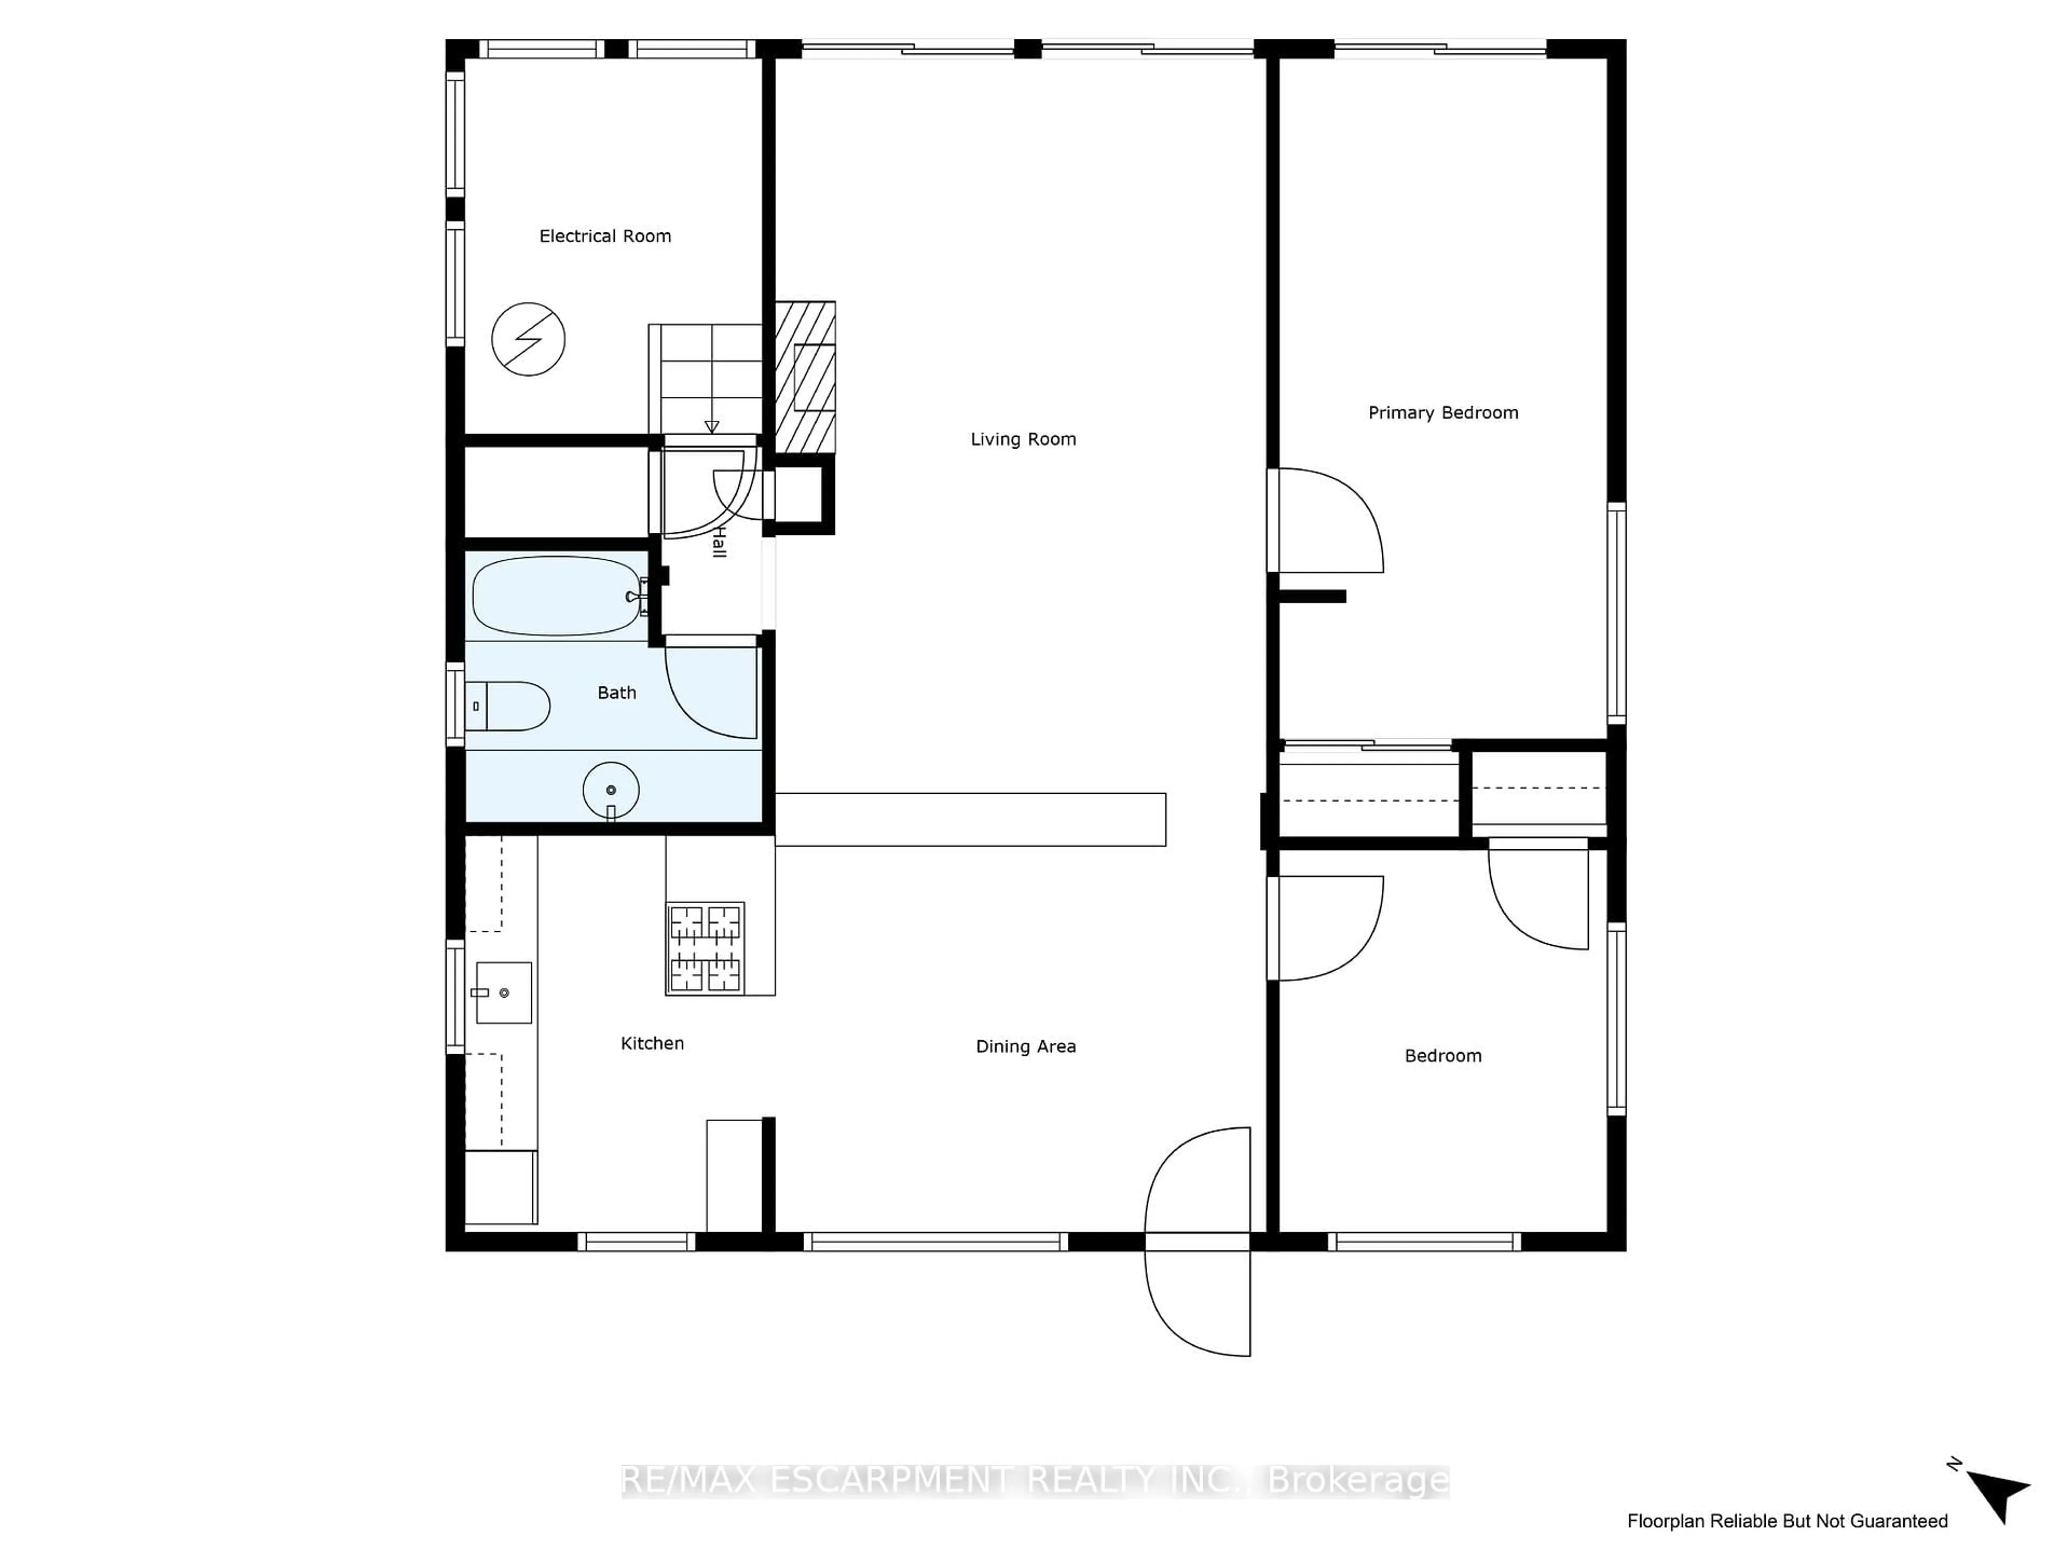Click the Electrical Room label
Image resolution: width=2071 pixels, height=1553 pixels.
605,236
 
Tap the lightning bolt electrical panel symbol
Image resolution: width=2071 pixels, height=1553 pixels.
528,339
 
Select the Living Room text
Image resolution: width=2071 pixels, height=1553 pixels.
1023,439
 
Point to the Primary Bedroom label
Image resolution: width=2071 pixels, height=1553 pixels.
1443,413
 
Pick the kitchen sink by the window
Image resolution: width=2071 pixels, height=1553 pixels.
504,992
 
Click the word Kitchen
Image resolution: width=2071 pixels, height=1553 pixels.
653,1043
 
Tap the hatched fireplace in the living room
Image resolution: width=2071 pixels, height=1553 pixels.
805,377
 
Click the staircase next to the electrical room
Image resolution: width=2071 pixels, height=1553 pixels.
706,379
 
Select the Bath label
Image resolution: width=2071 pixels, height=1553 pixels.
617,693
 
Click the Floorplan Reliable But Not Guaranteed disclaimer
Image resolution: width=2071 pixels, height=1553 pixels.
1787,1521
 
